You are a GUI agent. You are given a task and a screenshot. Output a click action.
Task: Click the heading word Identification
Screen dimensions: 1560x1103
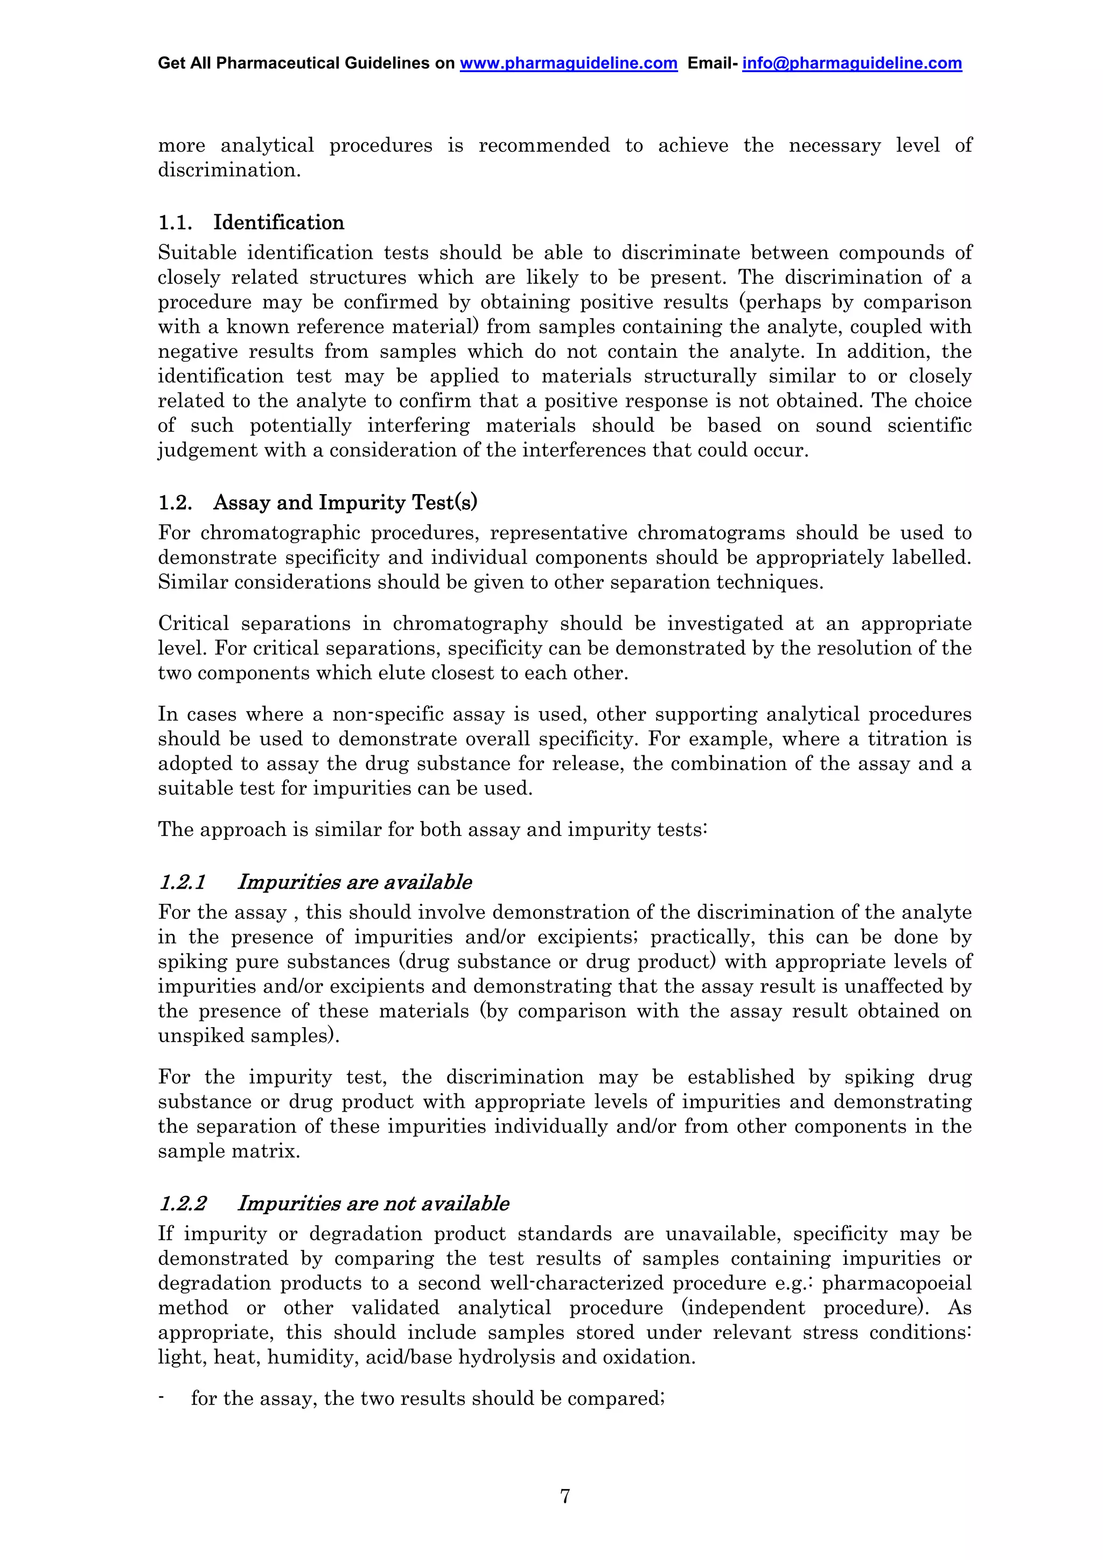tap(278, 223)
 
